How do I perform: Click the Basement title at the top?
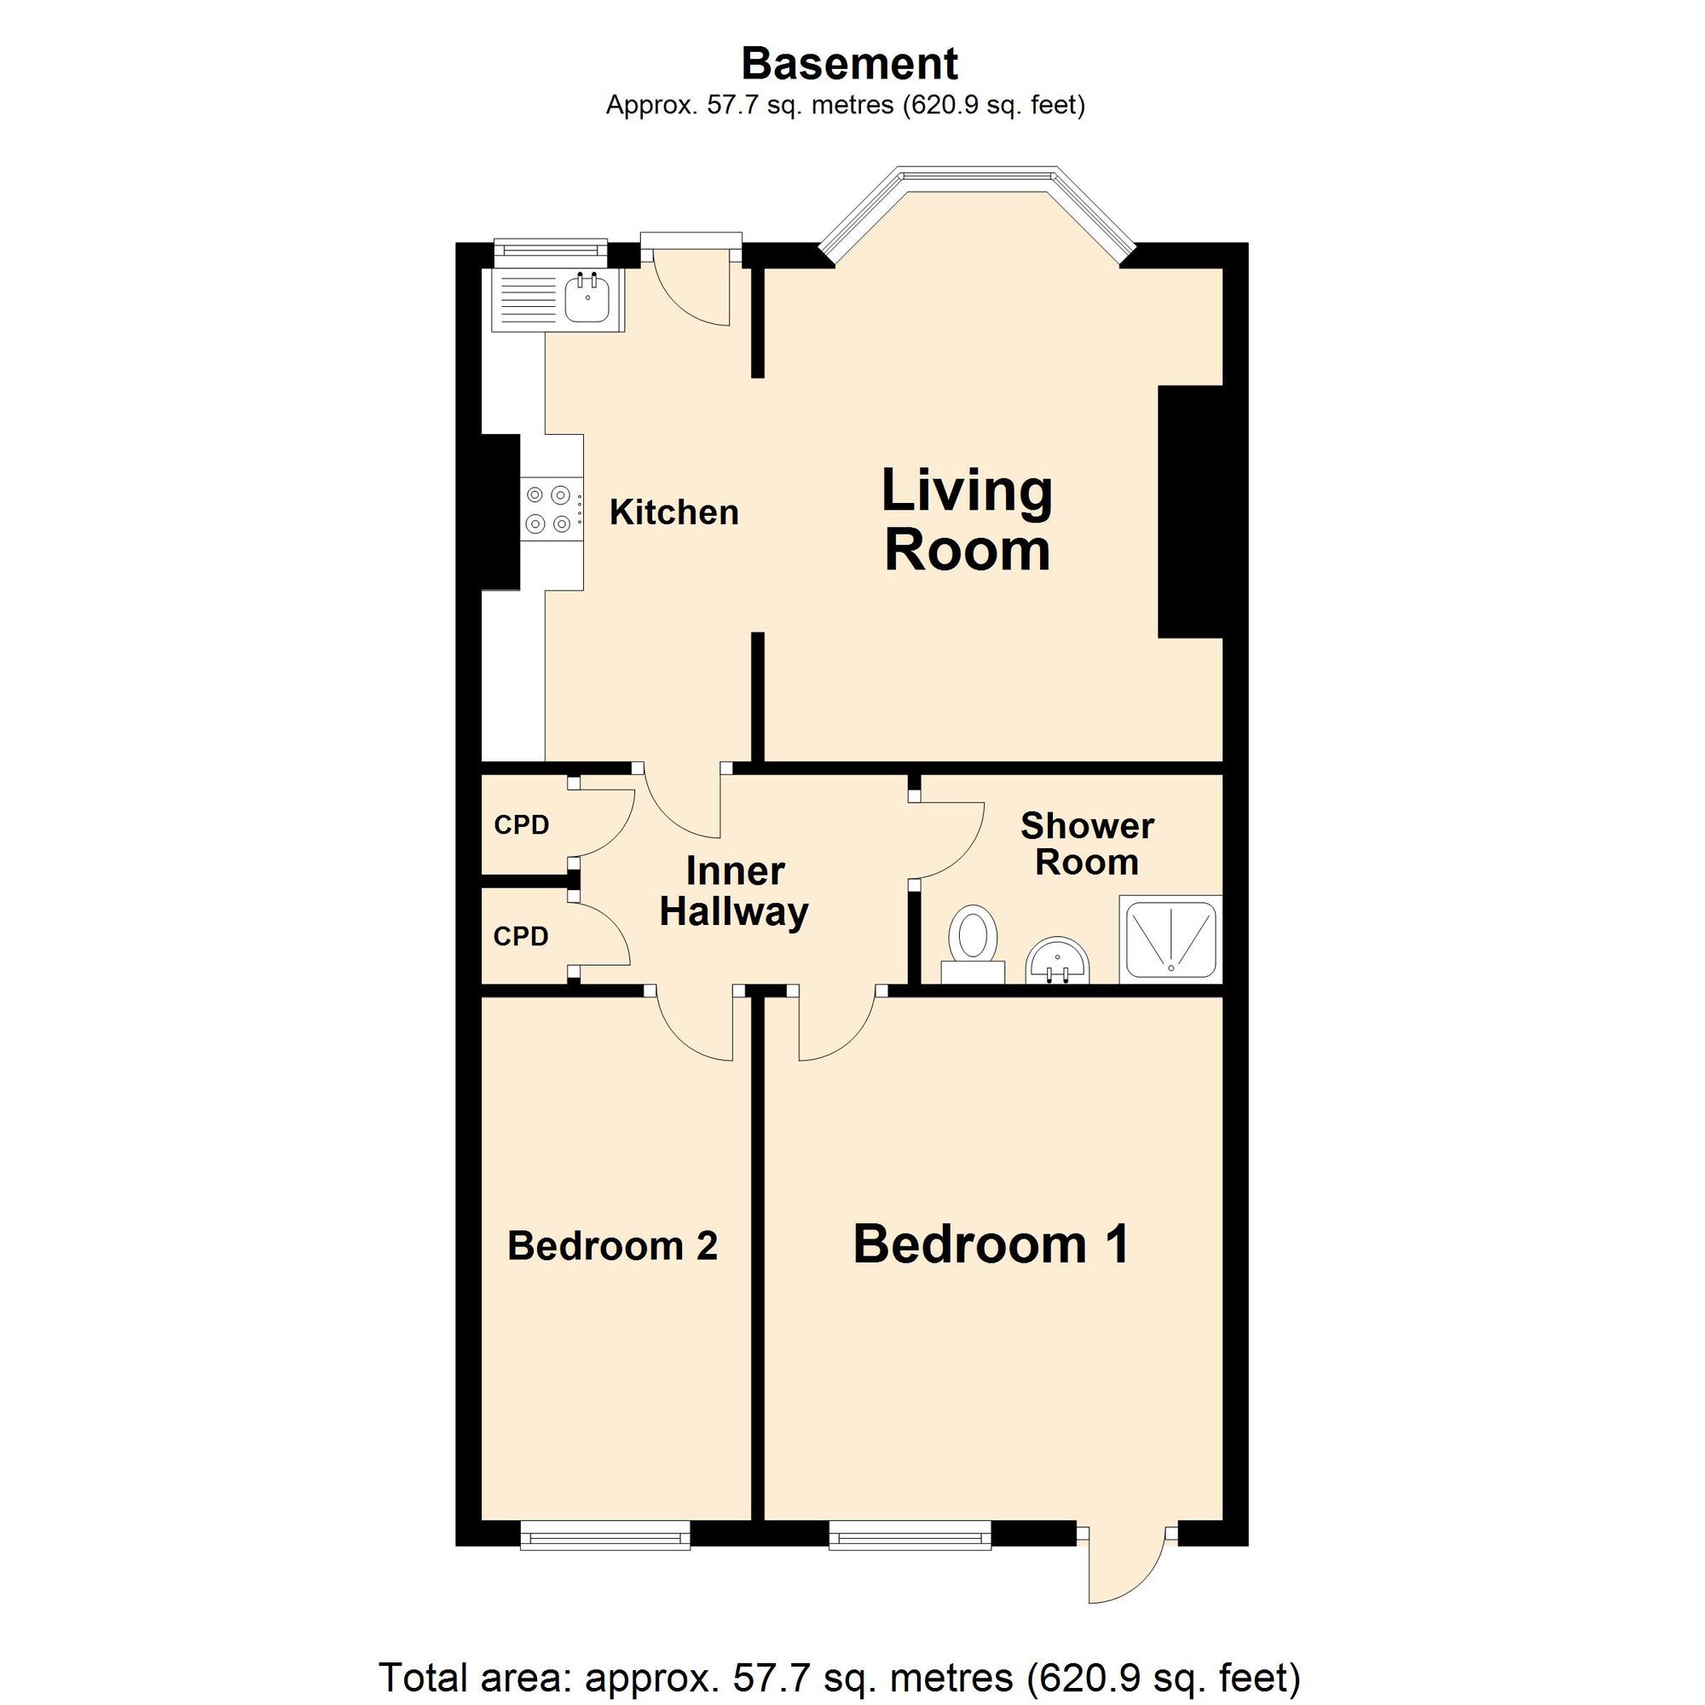pyautogui.click(x=849, y=64)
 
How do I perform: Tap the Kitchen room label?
pyautogui.click(x=673, y=512)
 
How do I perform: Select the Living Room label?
pyautogui.click(x=968, y=520)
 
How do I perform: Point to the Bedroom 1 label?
pyautogui.click(x=991, y=1245)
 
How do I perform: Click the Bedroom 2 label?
pyautogui.click(x=612, y=1246)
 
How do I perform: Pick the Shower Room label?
pyautogui.click(x=1087, y=845)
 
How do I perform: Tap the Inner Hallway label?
pyautogui.click(x=734, y=893)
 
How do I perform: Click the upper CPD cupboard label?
pyautogui.click(x=522, y=825)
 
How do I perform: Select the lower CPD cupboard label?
pyautogui.click(x=522, y=936)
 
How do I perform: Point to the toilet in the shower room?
pyautogui.click(x=974, y=944)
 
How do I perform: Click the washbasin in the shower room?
pyautogui.click(x=1058, y=962)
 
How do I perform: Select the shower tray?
pyautogui.click(x=1171, y=939)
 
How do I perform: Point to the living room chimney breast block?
pyautogui.click(x=1190, y=511)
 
